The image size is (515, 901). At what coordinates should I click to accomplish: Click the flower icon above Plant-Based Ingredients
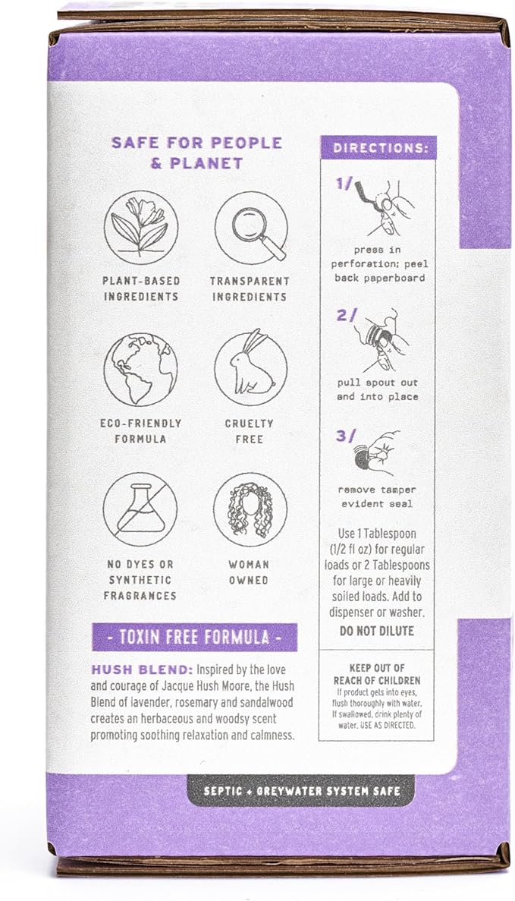tap(140, 228)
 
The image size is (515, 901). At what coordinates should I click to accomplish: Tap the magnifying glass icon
tap(251, 228)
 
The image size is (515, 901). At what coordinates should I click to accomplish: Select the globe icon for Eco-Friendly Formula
tap(140, 369)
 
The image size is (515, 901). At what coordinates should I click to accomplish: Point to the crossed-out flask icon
tap(140, 509)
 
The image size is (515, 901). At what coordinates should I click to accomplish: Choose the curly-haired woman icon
tap(250, 509)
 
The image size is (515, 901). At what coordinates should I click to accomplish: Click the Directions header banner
tap(378, 147)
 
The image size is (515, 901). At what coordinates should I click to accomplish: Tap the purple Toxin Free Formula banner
tap(195, 637)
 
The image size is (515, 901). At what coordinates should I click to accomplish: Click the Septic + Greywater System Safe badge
tap(301, 791)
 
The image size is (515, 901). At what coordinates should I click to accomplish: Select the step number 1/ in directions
tap(344, 184)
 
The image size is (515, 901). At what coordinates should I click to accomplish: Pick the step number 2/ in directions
tap(346, 315)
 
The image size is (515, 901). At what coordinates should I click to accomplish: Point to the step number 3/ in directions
tap(346, 436)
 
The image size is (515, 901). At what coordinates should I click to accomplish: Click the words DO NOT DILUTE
tap(377, 630)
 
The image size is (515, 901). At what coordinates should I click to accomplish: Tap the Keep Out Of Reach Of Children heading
tap(377, 674)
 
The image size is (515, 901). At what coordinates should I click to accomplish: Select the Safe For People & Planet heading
tap(197, 153)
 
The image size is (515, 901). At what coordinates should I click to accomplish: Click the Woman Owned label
tap(250, 572)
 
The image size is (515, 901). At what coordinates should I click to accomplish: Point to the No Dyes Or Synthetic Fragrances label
tap(140, 580)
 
